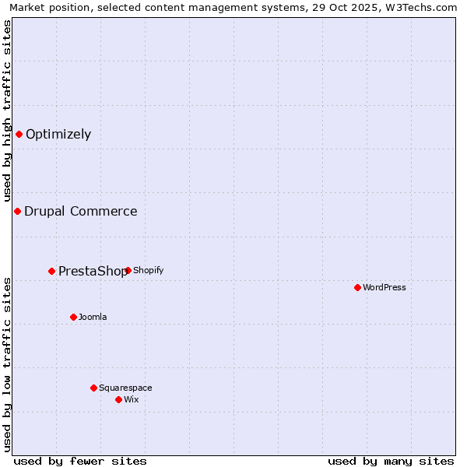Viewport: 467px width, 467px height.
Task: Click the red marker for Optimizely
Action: pos(19,134)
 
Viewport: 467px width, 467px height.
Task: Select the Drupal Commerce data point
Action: pos(17,211)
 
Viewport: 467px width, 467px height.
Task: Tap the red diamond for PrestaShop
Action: pos(52,271)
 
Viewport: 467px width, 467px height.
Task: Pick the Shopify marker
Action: pos(128,270)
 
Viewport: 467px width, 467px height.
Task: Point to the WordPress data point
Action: pos(357,287)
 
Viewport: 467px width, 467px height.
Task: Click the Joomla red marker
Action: pos(73,317)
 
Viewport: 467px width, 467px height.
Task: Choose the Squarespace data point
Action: pos(93,388)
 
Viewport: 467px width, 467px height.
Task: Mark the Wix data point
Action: pos(118,399)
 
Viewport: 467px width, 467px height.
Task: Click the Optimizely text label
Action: pos(58,134)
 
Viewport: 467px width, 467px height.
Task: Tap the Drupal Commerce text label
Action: pos(81,211)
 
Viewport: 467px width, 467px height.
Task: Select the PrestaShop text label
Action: pos(92,271)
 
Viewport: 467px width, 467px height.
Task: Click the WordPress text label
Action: pos(384,287)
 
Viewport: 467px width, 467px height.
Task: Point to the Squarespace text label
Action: pos(125,388)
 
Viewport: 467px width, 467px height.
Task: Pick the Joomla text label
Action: pos(93,317)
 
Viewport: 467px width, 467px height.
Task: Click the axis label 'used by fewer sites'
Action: pos(80,461)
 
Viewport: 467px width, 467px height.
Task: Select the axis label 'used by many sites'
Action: pos(391,461)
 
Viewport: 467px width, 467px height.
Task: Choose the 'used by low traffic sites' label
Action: pos(7,364)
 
